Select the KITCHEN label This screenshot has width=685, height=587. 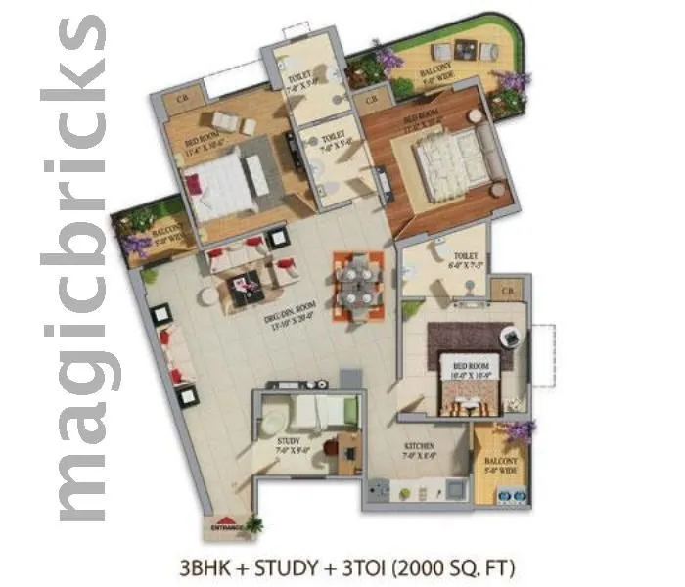(x=420, y=449)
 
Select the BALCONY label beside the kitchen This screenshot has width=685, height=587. (x=501, y=463)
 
